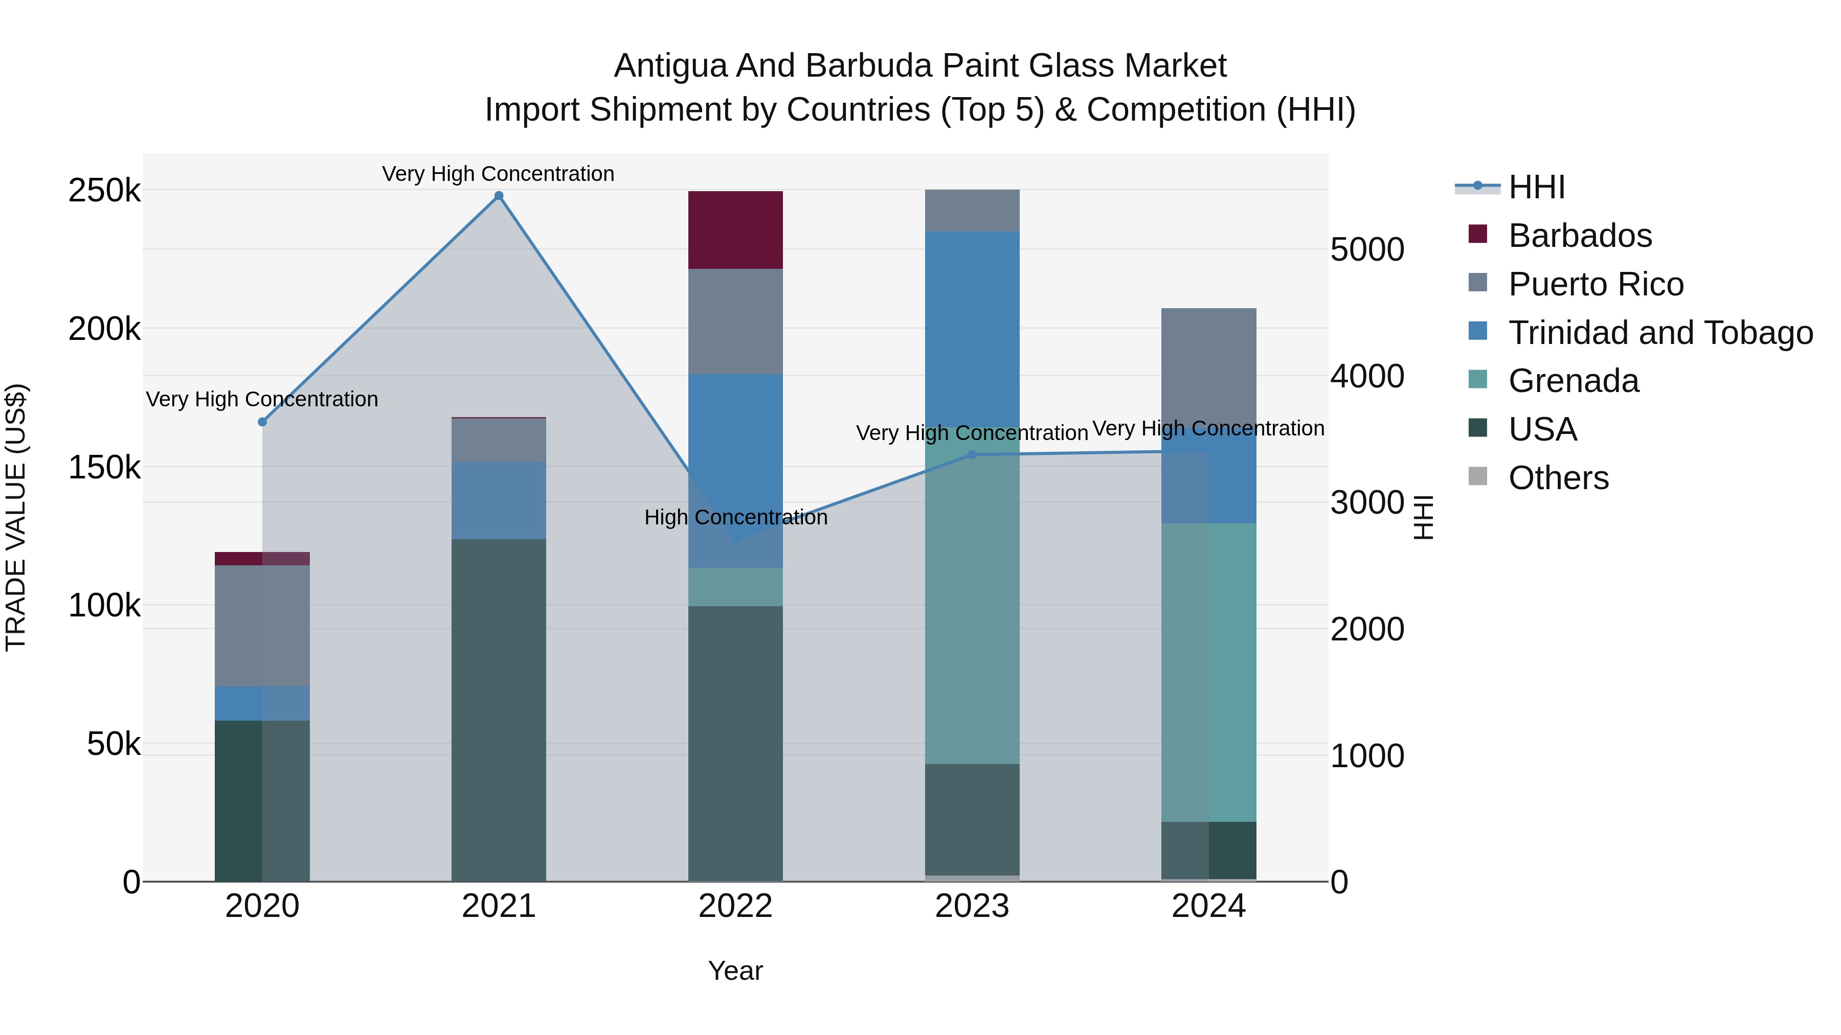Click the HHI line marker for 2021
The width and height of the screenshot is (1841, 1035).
(x=499, y=196)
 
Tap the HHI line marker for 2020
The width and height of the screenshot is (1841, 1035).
(x=262, y=422)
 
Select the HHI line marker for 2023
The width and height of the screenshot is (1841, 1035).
(x=972, y=455)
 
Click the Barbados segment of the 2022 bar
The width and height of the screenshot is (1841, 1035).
(x=735, y=230)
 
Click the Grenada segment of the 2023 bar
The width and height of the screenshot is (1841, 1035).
(x=972, y=607)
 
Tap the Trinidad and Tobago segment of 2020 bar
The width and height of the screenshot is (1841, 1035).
(x=262, y=704)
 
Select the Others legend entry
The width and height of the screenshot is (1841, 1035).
(x=1558, y=478)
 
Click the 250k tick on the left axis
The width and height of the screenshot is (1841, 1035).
(x=104, y=191)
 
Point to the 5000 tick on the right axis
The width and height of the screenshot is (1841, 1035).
(x=1367, y=250)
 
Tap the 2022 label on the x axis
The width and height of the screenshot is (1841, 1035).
(x=735, y=906)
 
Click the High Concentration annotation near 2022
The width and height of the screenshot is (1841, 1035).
(x=735, y=517)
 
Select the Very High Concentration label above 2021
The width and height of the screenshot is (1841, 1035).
(x=498, y=174)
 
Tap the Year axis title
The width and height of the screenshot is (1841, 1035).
(x=735, y=971)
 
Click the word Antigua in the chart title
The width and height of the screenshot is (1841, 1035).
(x=669, y=66)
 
